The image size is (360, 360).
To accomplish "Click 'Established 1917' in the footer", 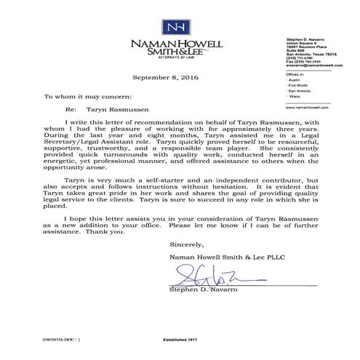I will [x=180, y=340].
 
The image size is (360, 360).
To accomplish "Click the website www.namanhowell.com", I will [x=297, y=105].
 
